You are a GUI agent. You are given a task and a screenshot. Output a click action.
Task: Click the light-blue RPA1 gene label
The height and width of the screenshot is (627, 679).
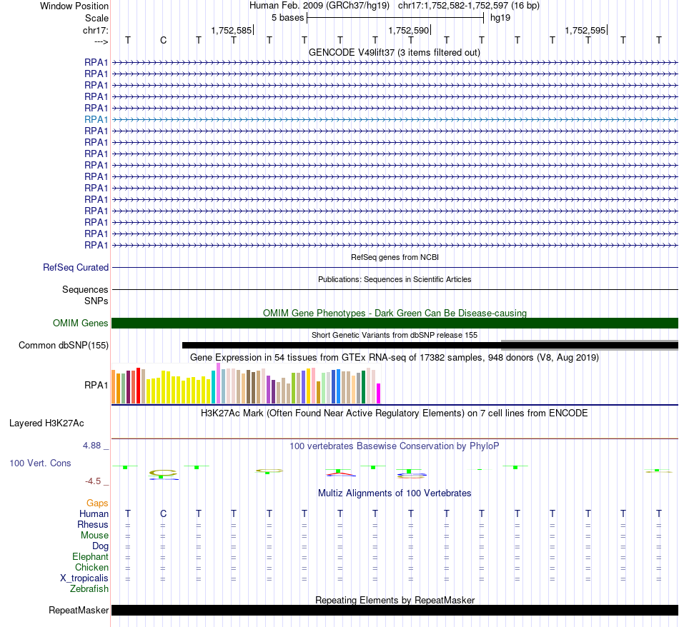96,119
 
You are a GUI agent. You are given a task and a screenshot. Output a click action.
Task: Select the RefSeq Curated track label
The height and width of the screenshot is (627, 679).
76,268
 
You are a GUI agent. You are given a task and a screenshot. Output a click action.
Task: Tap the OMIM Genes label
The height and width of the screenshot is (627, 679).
81,323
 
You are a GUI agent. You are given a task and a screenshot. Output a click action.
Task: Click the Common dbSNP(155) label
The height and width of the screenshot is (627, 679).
64,346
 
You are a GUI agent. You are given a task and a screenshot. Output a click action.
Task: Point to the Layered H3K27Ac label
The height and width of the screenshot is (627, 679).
46,423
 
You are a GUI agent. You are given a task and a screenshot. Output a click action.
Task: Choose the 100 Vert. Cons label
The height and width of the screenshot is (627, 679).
40,463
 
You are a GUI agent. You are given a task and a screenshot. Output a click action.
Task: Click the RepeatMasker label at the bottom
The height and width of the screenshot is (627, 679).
79,611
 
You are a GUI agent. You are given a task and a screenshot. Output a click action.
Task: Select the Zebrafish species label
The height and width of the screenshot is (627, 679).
89,589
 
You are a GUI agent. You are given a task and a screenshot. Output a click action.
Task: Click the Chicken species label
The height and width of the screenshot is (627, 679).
91,568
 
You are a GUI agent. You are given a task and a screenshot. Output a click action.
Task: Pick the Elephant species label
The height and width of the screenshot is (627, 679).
90,557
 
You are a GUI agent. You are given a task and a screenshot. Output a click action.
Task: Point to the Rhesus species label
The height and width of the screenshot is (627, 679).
93,525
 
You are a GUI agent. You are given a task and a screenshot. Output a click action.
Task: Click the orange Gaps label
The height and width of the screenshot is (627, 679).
97,503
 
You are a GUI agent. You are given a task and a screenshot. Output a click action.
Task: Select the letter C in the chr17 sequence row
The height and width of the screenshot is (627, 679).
163,40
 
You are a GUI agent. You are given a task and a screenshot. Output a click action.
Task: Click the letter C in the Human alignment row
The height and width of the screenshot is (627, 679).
163,513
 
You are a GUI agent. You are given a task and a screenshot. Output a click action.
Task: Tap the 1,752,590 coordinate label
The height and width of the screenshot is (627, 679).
409,31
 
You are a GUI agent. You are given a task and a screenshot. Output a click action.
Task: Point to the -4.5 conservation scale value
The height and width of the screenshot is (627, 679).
96,481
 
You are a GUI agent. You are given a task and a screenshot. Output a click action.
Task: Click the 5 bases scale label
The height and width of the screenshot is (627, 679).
287,17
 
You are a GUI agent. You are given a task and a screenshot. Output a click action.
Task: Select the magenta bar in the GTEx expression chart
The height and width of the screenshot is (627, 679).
379,394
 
